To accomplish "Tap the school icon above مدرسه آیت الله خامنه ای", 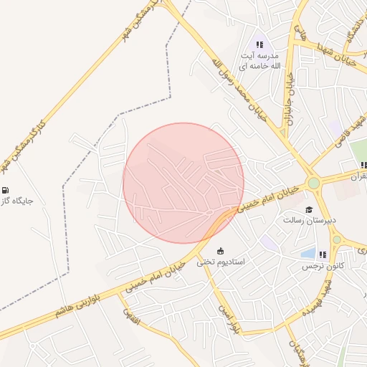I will tap(259, 44).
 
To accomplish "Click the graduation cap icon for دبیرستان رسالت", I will tap(309, 211).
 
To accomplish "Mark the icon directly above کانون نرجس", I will tap(323, 254).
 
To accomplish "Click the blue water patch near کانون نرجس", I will tap(308, 253).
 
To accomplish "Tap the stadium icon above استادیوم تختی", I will tap(221, 250).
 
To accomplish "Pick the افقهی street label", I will tap(132, 318).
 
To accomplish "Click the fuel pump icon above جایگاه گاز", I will tap(6, 190).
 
